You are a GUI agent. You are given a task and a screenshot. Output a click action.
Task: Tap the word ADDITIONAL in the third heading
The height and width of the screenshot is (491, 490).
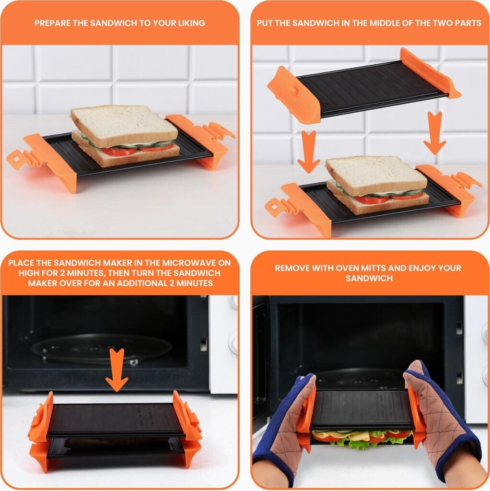click(146, 283)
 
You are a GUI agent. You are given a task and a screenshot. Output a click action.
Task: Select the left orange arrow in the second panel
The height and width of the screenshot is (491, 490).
click(308, 152)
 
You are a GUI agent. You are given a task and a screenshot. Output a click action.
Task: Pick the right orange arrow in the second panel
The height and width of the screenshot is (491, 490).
click(434, 133)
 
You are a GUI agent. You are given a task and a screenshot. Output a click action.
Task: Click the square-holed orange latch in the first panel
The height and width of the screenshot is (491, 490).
click(16, 159)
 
